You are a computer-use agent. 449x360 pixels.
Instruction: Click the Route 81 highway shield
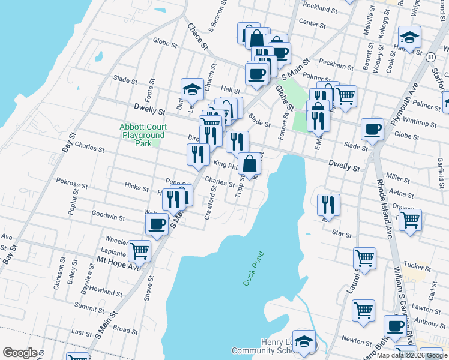[431, 56]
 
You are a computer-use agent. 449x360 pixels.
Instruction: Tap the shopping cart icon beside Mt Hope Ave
[140, 250]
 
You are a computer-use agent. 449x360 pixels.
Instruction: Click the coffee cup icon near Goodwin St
[157, 224]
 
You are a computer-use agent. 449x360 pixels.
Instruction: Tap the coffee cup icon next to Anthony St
[395, 326]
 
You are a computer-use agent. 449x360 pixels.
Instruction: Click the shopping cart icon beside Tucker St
[364, 258]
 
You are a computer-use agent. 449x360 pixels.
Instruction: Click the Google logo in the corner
[20, 353]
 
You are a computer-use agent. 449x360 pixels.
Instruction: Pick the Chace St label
[197, 37]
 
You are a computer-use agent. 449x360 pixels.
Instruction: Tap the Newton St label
[355, 339]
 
